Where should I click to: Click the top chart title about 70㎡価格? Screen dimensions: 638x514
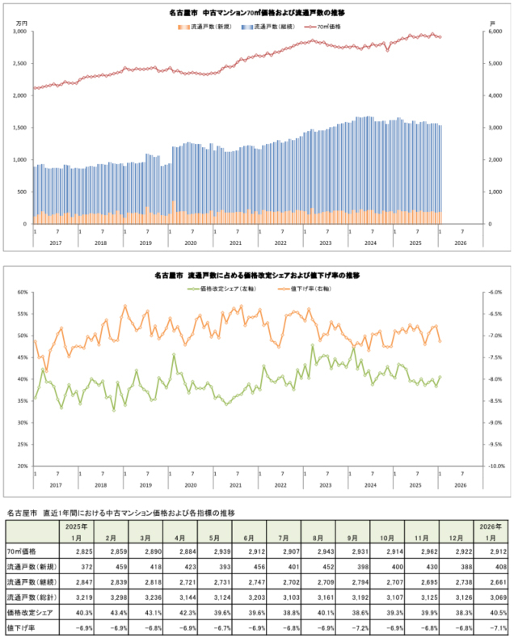coord(256,14)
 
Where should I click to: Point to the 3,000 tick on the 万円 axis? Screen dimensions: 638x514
coord(19,32)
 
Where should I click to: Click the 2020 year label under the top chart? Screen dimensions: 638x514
coord(190,243)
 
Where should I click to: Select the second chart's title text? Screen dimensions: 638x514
coord(256,275)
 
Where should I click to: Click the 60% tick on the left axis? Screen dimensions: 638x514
coord(21,293)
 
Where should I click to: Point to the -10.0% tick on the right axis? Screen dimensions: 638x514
coord(494,467)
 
